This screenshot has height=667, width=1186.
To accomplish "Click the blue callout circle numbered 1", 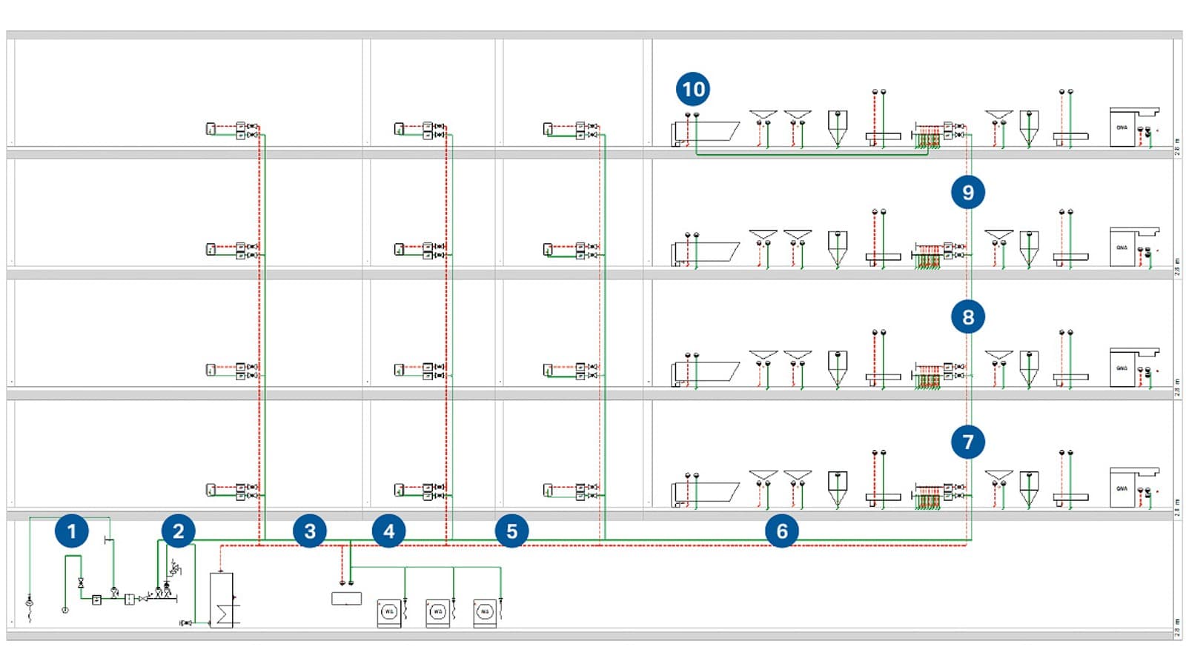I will pyautogui.click(x=71, y=531).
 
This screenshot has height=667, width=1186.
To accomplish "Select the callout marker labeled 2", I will pyautogui.click(x=178, y=531).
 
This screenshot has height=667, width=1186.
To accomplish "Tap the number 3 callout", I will pyautogui.click(x=310, y=531).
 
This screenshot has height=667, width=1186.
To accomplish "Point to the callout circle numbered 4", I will pyautogui.click(x=389, y=531).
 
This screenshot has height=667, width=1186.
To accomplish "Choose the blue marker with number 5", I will pyautogui.click(x=511, y=531).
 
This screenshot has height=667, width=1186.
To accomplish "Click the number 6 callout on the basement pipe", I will pyautogui.click(x=782, y=531).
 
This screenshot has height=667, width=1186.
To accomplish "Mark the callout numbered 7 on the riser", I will pyautogui.click(x=968, y=442).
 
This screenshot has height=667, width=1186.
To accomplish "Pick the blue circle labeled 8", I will pyautogui.click(x=968, y=317).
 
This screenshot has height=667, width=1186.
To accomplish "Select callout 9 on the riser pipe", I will pyautogui.click(x=968, y=193).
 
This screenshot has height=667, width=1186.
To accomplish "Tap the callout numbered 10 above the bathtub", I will pyautogui.click(x=693, y=90).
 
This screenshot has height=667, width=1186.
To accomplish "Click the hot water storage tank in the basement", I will pyautogui.click(x=222, y=600).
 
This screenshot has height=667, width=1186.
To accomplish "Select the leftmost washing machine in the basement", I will pyautogui.click(x=389, y=613).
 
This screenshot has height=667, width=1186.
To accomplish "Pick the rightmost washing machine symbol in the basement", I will pyautogui.click(x=485, y=613).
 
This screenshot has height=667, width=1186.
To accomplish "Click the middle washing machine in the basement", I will pyautogui.click(x=437, y=613).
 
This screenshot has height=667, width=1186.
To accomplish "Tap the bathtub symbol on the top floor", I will pyautogui.click(x=708, y=133).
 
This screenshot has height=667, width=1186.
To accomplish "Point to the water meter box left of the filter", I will pyautogui.click(x=96, y=600).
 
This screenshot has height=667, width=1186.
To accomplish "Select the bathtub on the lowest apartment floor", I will pyautogui.click(x=708, y=494).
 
